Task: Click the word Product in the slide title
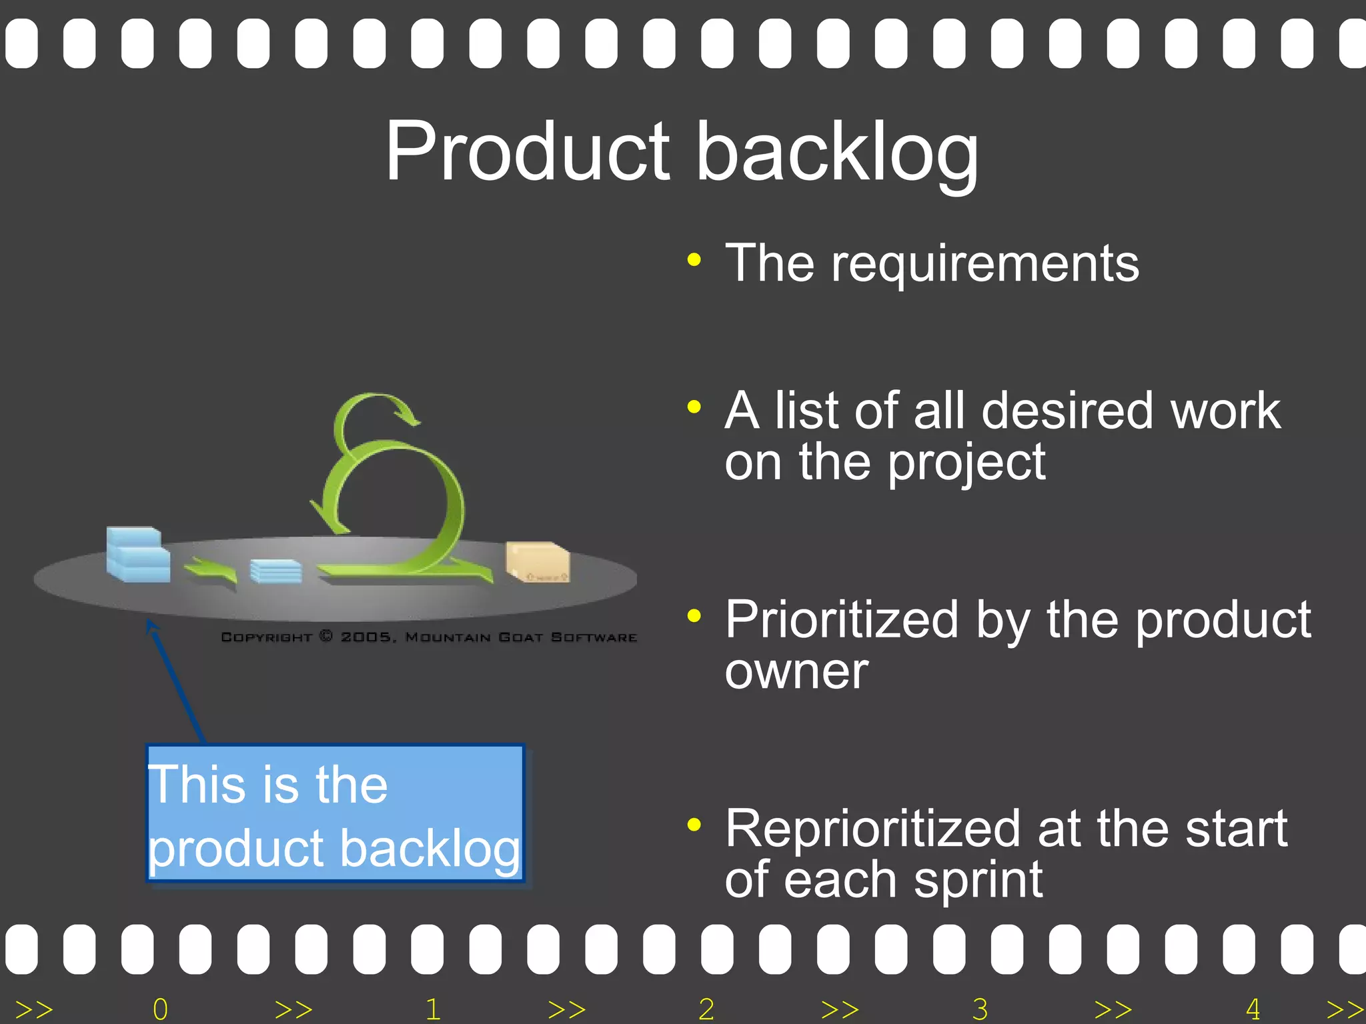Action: tap(527, 152)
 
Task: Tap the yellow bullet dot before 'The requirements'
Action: tap(694, 260)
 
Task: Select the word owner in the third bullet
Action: tap(796, 672)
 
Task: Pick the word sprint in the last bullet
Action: tap(978, 881)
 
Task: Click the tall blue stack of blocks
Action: tap(137, 554)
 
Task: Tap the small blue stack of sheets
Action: tap(275, 571)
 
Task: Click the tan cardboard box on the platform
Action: tap(537, 561)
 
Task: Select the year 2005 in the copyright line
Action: tap(366, 637)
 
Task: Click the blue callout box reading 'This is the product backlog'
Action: tap(335, 813)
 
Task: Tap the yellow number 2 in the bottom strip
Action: tap(706, 1009)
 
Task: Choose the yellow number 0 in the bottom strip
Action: tap(160, 1009)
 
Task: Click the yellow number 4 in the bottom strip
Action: tap(1253, 1009)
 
